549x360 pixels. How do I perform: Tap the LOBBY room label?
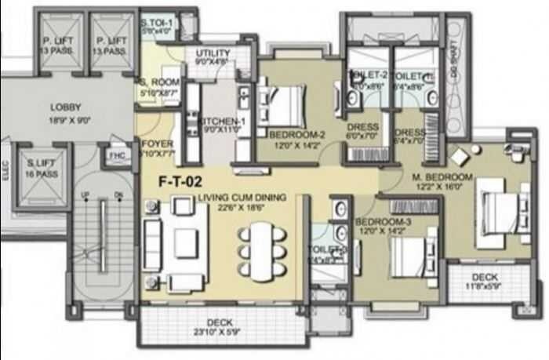point(66,107)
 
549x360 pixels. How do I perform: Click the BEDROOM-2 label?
point(297,134)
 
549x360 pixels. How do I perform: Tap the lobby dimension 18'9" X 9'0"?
point(66,120)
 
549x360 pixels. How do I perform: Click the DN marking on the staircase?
point(118,194)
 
